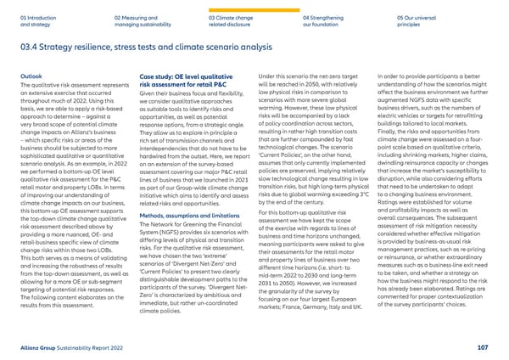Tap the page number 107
484,346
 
